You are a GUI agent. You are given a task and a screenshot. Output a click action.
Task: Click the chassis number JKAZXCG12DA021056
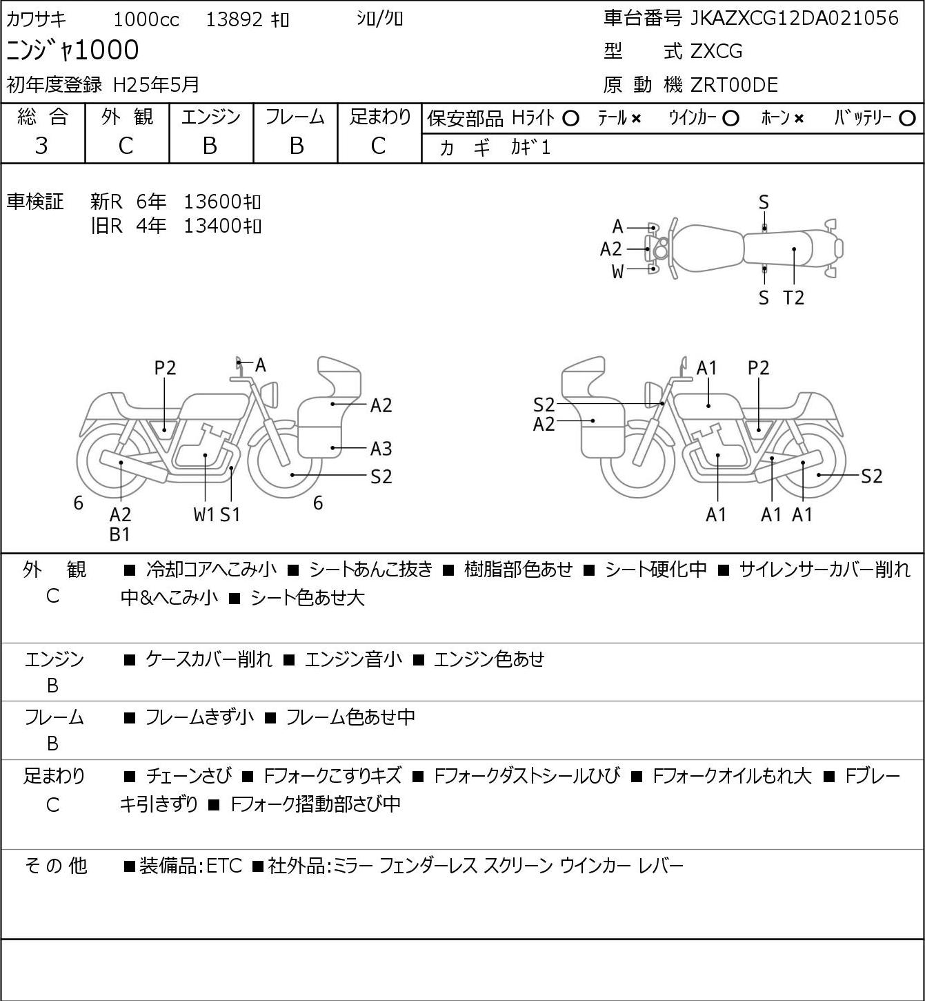coord(794,19)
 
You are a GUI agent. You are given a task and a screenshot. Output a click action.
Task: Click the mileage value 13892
coord(235,20)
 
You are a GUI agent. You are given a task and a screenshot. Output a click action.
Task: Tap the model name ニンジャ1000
coord(72,50)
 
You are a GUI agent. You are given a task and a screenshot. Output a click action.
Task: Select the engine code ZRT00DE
coord(734,85)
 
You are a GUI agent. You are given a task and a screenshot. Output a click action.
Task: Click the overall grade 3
coord(41,146)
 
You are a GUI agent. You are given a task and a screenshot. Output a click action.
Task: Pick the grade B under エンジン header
coord(210,146)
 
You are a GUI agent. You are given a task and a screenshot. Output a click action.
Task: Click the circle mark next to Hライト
coord(570,119)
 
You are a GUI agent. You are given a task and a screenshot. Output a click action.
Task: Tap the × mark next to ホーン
coord(799,119)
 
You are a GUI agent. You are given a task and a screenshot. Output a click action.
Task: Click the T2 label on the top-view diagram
coord(793,298)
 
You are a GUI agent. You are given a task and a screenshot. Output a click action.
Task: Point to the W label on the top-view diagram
coord(617,272)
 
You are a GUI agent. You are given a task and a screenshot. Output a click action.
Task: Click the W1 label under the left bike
coord(204,514)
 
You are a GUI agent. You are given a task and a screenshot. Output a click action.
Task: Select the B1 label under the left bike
coord(120,534)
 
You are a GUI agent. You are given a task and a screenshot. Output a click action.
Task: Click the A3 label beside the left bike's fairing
coord(381,449)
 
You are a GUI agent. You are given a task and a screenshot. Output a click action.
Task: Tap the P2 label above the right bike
coord(758,368)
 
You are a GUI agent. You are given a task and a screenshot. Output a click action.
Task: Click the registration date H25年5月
coord(156,85)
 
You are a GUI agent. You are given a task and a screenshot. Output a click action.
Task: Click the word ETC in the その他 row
coord(225,866)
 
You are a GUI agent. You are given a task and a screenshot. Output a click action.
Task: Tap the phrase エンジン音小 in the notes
coord(353,659)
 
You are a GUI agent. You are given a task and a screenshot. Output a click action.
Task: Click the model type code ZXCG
coord(716,51)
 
